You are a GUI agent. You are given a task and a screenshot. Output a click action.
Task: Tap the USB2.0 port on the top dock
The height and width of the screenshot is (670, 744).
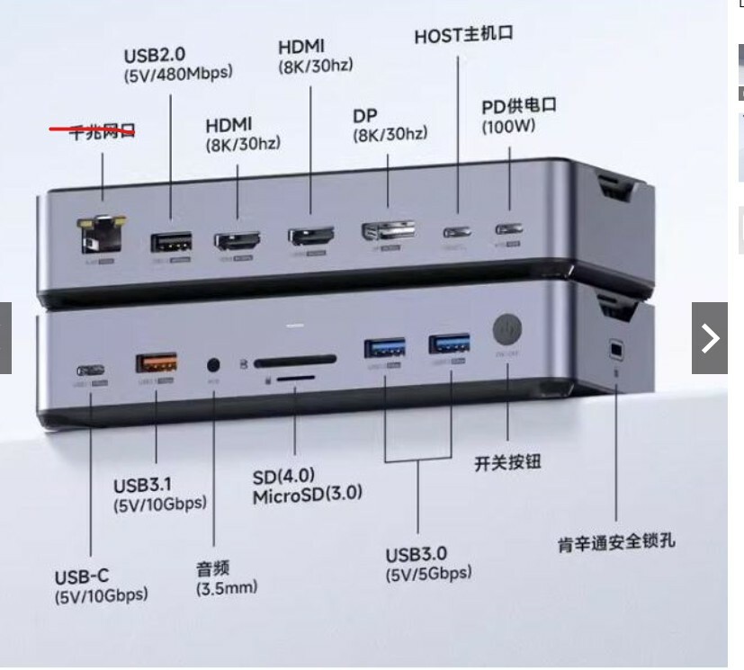171,243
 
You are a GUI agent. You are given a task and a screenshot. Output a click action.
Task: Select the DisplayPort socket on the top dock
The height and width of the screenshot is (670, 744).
388,231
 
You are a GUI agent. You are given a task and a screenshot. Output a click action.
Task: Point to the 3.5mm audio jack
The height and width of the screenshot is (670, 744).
214,365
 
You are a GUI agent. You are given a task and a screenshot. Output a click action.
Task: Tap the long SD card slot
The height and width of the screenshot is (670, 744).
295,362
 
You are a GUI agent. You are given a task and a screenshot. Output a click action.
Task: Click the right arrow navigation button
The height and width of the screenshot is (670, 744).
709,338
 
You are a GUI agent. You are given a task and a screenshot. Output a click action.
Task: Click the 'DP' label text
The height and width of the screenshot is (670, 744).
365,115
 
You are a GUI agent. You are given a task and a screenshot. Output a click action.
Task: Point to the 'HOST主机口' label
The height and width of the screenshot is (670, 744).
463,37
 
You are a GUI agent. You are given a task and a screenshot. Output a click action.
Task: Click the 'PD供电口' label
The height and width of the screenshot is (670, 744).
519,105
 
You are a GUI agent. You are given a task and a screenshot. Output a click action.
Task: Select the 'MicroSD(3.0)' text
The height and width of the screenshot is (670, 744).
307,494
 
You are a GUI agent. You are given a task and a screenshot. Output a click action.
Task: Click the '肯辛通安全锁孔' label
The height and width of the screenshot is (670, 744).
616,541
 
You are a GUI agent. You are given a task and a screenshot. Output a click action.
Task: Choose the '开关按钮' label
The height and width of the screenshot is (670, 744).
508,464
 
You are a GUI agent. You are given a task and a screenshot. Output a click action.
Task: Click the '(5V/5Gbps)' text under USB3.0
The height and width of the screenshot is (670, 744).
428,573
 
